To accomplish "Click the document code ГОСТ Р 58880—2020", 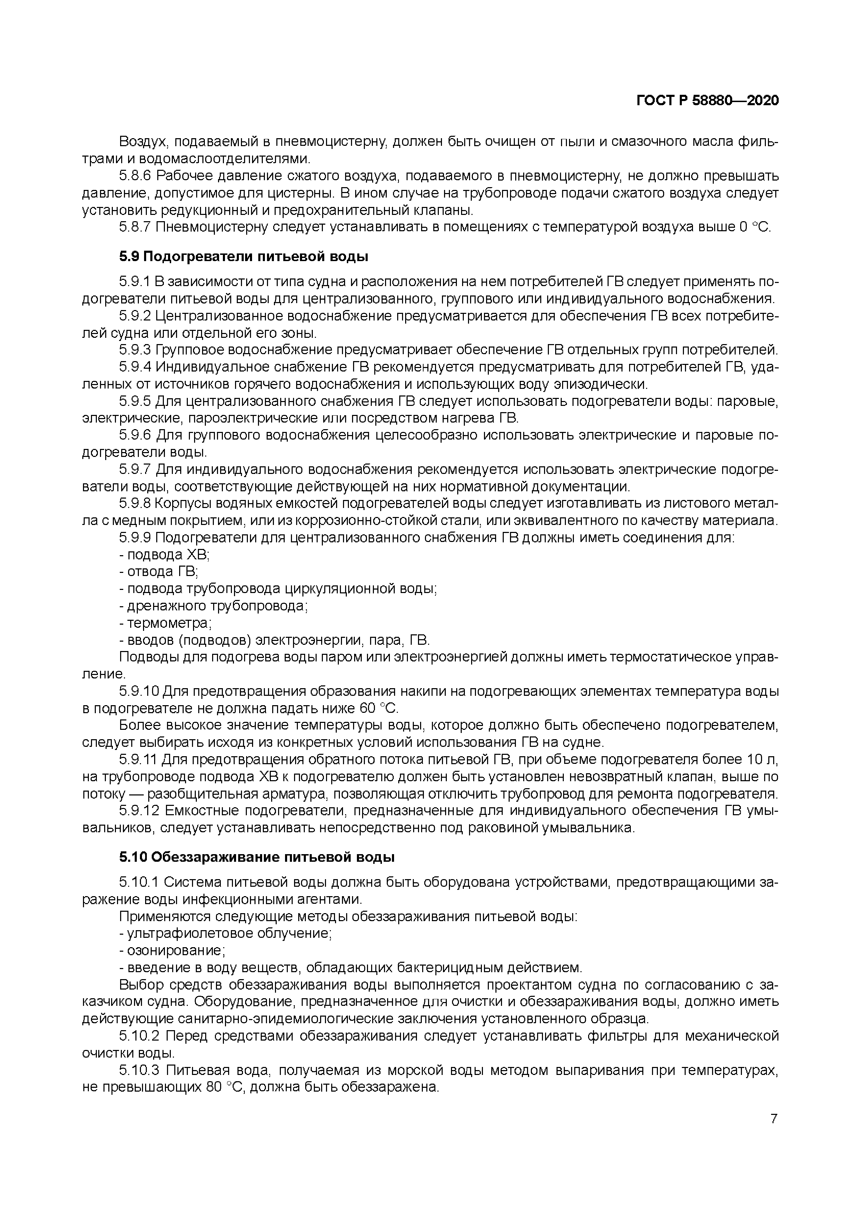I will click(707, 100).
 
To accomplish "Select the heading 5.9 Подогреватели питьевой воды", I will click(243, 257).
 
